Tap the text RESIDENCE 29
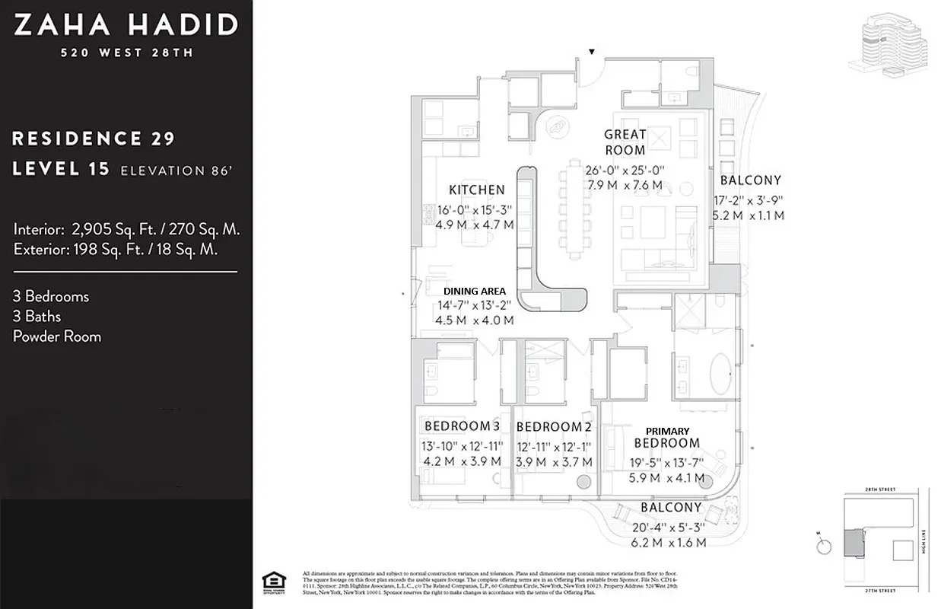[x=94, y=139]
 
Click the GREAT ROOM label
[x=625, y=142]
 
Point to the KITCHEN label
[x=476, y=190]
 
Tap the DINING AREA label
[x=475, y=291]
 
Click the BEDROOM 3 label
[x=462, y=426]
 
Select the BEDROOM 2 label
[x=553, y=426]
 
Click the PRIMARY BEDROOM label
[x=666, y=438]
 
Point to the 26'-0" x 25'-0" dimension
[x=625, y=171]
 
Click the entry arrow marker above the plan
[x=592, y=52]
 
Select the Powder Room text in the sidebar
[x=57, y=336]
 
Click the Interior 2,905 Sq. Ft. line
[x=126, y=228]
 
